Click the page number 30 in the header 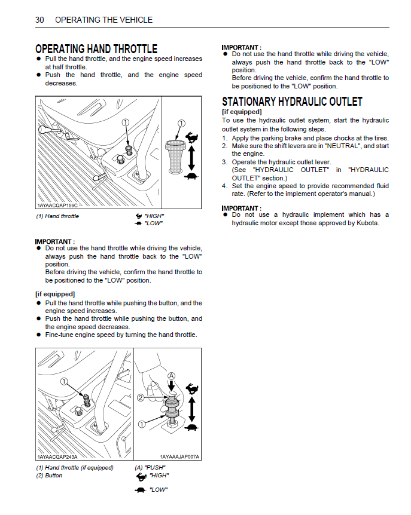[39, 20]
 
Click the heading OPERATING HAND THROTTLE [96, 48]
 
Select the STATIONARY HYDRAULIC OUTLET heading [292, 102]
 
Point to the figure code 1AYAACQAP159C [57, 206]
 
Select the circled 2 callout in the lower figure [142, 397]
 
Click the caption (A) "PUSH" [150, 468]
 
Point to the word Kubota [366, 223]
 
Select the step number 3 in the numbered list [224, 162]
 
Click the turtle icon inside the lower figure [191, 427]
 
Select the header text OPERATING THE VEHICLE [103, 20]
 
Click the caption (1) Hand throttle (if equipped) [75, 468]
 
